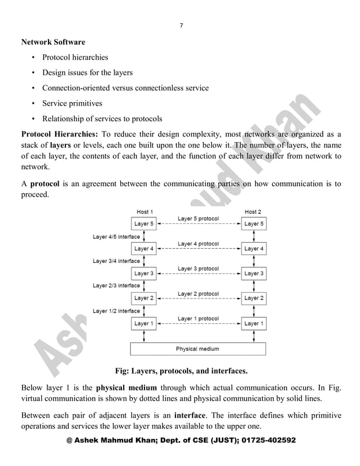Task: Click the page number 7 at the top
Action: [x=181, y=25]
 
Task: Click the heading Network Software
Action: [x=53, y=42]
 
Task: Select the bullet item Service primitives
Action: [x=72, y=103]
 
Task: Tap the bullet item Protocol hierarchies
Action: [x=75, y=57]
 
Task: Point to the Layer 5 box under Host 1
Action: [x=144, y=223]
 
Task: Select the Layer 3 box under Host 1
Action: [x=144, y=273]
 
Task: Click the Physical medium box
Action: [x=197, y=349]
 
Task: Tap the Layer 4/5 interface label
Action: [x=116, y=236]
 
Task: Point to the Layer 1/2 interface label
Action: [x=116, y=311]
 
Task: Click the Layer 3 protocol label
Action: [x=198, y=269]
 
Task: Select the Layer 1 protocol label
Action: [x=198, y=319]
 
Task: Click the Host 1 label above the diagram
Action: [x=144, y=212]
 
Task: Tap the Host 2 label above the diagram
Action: [x=253, y=212]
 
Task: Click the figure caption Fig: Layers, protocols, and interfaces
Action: [x=181, y=371]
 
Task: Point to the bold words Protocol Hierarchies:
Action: [x=59, y=135]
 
